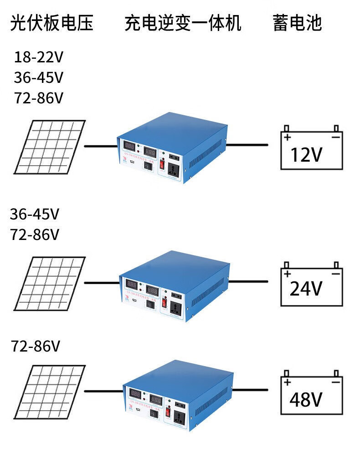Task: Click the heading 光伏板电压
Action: point(51,23)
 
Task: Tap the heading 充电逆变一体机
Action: point(183,23)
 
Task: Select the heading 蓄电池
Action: point(297,23)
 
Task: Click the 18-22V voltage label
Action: point(38,57)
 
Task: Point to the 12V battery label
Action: point(306,155)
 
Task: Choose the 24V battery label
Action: point(306,288)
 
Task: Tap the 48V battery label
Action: point(306,400)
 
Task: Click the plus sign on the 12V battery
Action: point(287,137)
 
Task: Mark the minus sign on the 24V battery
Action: point(336,274)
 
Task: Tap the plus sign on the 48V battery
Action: point(287,383)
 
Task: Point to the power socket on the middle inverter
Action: point(175,307)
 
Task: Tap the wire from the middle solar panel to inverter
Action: point(102,282)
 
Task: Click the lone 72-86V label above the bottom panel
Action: point(36,347)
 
